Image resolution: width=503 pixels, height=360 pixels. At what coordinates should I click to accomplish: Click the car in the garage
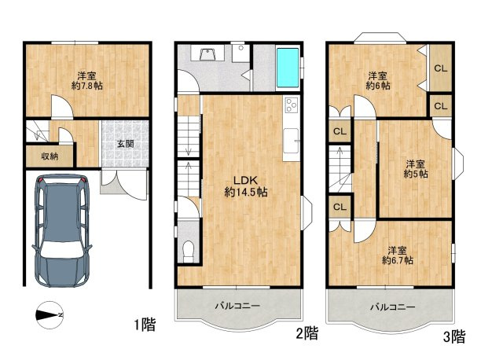click(62, 230)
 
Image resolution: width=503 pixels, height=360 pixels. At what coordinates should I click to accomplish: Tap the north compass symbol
click(50, 315)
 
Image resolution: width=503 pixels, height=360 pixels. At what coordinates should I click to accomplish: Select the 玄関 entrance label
click(125, 144)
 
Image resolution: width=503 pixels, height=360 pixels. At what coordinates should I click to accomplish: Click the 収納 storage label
click(50, 156)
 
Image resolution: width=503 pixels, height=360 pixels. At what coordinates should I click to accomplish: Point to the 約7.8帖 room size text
click(87, 86)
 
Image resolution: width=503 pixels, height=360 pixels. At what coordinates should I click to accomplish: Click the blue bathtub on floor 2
click(288, 68)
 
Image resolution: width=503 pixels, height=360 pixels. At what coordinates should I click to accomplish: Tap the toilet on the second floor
click(189, 252)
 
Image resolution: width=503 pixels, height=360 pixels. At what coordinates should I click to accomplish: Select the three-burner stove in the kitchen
click(292, 105)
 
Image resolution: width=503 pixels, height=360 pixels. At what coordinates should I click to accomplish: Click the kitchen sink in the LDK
click(292, 141)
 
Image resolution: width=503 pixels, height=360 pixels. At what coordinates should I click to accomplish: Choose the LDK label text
click(246, 180)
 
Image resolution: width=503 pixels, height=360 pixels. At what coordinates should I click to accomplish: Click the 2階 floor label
click(307, 333)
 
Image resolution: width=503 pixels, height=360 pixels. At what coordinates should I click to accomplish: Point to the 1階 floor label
click(145, 325)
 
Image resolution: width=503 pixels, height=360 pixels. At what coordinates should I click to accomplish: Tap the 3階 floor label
click(454, 336)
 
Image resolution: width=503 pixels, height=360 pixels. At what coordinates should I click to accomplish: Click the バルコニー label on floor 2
click(237, 306)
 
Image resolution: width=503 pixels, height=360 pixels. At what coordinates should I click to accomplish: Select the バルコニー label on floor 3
click(393, 307)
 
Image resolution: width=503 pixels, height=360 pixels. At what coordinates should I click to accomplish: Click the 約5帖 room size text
click(416, 174)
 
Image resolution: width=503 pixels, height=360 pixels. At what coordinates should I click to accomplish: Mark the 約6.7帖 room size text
click(398, 260)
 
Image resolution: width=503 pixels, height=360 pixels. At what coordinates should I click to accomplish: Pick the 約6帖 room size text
click(378, 86)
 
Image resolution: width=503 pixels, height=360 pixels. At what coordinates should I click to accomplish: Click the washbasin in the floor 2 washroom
click(207, 53)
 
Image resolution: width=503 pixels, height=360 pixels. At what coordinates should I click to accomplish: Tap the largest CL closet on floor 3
click(440, 68)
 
